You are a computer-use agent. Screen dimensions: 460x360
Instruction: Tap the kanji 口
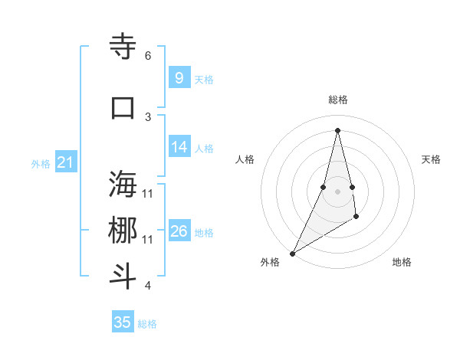[123, 107]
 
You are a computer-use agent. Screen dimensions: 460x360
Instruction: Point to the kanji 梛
[123, 230]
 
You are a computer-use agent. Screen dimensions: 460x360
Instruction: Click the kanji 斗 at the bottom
[123, 277]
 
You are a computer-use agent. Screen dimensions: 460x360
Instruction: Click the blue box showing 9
[179, 77]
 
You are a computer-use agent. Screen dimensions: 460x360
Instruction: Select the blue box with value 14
[179, 147]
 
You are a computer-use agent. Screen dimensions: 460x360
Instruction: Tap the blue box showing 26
[179, 231]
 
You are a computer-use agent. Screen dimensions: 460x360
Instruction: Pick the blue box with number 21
[65, 162]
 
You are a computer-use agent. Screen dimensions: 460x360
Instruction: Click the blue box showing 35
[123, 322]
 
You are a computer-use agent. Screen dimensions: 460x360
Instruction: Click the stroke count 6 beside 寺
[148, 56]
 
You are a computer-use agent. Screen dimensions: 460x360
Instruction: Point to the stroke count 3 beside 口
[148, 116]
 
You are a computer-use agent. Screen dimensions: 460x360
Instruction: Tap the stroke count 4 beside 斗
[148, 286]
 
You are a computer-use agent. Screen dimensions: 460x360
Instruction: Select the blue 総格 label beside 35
[147, 324]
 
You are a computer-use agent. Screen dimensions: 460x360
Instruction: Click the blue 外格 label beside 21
[41, 164]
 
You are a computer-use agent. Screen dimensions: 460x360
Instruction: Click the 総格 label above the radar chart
[337, 100]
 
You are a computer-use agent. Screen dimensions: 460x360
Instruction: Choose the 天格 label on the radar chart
[431, 159]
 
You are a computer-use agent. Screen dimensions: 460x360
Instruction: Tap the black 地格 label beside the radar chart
[402, 262]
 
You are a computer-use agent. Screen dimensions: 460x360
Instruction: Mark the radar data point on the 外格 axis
[292, 253]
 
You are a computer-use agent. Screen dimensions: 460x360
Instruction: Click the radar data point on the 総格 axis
[337, 130]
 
